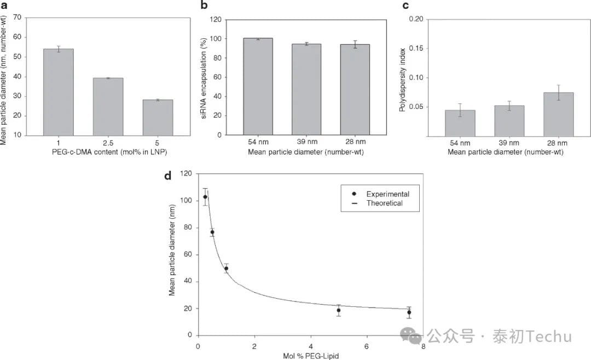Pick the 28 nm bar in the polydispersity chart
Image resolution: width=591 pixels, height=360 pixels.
(558, 114)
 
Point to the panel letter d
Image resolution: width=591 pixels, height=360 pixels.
(168, 176)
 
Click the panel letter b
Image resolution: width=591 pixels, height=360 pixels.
(204, 6)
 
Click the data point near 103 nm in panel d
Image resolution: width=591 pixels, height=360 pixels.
(205, 197)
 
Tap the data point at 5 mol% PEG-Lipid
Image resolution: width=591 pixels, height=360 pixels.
(339, 310)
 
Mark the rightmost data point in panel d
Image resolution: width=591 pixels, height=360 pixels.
(409, 312)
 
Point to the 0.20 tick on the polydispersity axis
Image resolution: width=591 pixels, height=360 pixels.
(416, 19)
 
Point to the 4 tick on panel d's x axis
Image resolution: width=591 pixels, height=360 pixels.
(311, 346)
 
